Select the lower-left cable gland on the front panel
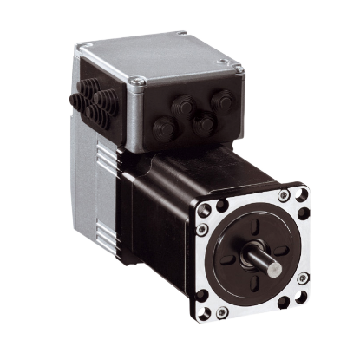pos(164,130)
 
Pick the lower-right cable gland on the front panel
pos(205,127)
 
